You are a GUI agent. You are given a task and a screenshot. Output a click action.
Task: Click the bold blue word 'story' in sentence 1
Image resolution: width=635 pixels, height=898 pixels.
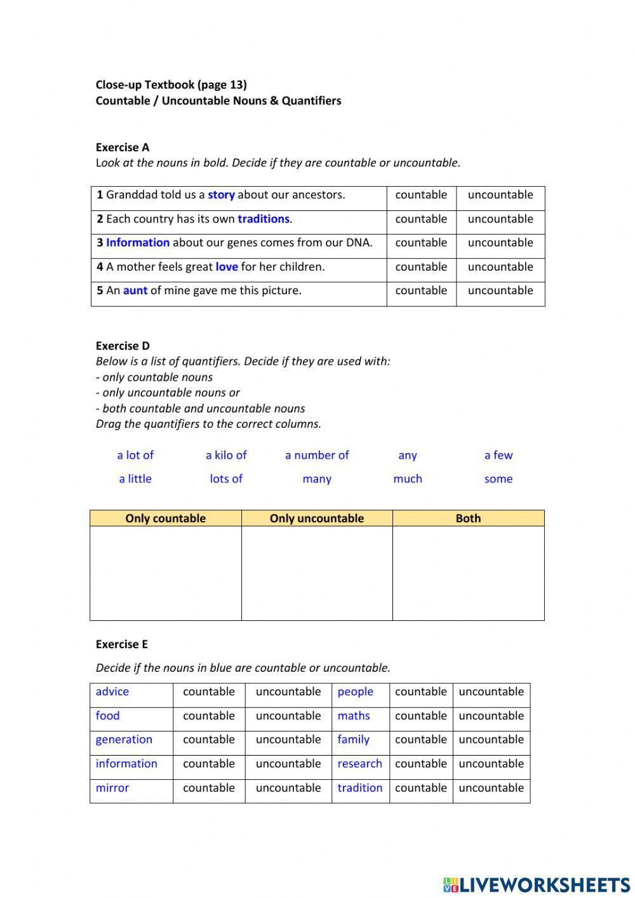tap(221, 195)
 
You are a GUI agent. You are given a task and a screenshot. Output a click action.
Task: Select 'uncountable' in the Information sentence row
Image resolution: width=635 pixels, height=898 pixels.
tap(500, 243)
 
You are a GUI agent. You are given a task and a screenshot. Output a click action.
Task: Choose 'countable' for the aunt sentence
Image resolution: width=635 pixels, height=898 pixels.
tap(421, 290)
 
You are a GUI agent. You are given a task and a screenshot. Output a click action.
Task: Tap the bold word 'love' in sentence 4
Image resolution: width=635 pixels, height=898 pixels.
tap(227, 267)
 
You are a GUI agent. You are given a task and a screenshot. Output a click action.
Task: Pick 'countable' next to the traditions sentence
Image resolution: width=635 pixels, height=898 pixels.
tap(421, 219)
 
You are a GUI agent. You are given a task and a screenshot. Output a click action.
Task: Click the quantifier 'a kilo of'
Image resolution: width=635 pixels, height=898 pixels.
tap(226, 455)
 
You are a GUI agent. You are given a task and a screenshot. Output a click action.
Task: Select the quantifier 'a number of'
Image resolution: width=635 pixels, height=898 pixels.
tap(317, 455)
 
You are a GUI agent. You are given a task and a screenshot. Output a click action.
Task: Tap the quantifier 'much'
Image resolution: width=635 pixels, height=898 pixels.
tap(408, 479)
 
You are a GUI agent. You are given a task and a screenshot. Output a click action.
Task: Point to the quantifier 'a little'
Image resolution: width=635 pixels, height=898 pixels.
tap(135, 479)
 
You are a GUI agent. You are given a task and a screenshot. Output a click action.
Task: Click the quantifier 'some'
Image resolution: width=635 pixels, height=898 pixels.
tap(498, 479)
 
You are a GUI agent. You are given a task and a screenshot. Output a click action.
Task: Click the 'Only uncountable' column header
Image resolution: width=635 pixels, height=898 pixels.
tap(317, 519)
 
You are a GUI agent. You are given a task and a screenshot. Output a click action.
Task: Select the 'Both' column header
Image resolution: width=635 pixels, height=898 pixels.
tap(468, 519)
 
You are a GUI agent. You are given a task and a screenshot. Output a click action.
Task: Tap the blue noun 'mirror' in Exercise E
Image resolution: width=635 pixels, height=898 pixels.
tap(112, 788)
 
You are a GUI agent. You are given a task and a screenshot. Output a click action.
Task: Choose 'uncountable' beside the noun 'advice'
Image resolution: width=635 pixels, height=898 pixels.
tap(288, 692)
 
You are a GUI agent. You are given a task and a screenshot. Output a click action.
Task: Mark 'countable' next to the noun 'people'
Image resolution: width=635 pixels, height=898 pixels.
tap(421, 692)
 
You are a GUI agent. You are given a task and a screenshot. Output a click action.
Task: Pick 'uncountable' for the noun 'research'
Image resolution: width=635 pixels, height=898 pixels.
tap(491, 764)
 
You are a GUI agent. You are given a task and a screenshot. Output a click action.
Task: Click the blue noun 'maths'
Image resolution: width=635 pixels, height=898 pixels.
tap(354, 716)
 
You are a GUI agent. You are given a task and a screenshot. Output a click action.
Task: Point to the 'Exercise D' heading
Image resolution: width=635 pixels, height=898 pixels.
tap(123, 346)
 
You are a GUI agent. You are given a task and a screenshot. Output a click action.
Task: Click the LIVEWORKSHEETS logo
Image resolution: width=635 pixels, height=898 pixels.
tap(537, 885)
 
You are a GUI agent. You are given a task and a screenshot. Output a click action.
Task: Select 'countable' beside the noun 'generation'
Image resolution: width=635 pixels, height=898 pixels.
tap(209, 740)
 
